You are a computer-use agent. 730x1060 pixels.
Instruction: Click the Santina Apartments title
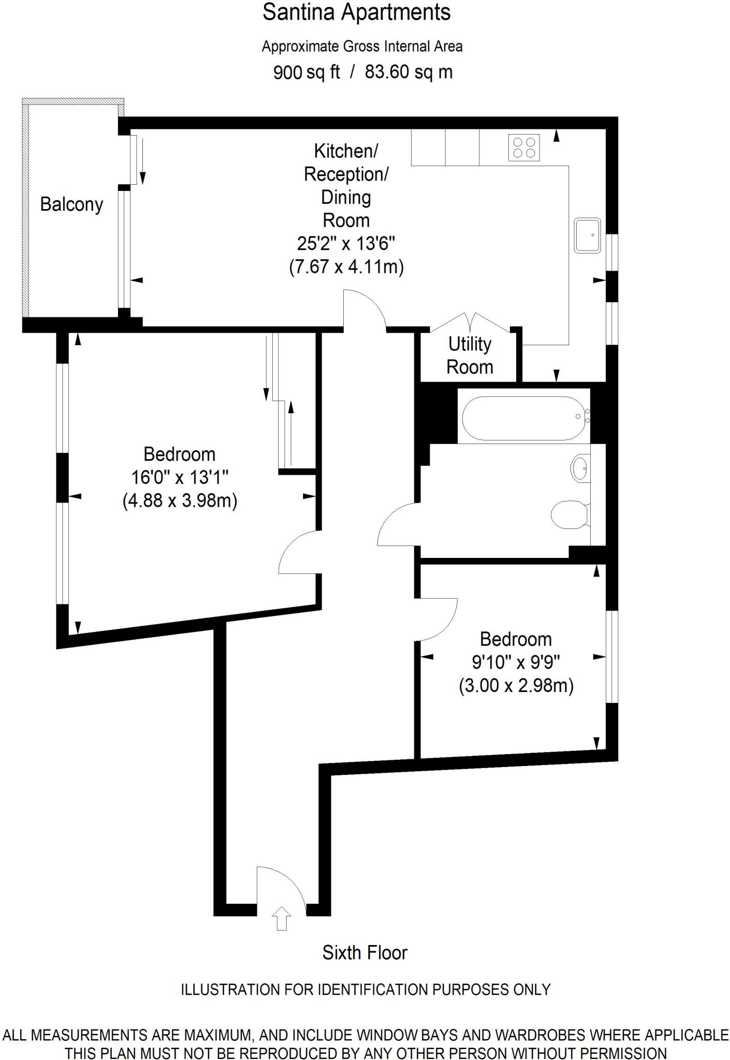coord(356,12)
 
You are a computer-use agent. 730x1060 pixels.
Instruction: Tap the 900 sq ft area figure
coord(306,72)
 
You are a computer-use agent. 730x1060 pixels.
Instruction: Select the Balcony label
coord(71,204)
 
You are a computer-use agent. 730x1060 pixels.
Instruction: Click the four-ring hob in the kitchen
coord(524,147)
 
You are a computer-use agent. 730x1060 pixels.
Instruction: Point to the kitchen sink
coord(588,235)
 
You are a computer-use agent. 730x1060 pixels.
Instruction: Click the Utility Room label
coord(470,356)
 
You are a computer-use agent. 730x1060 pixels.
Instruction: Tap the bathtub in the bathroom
coord(524,418)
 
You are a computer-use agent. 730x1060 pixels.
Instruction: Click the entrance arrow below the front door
coord(281,919)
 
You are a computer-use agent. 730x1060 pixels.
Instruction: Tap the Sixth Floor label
coord(364,953)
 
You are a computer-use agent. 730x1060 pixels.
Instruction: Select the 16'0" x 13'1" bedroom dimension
coord(180,477)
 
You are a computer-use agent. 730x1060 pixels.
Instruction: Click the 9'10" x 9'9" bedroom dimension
coord(516,662)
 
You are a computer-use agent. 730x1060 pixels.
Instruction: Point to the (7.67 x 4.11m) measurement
coord(346,267)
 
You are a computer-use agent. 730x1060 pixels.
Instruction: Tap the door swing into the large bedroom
coord(299,553)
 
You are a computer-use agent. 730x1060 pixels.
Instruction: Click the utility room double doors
coord(470,323)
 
